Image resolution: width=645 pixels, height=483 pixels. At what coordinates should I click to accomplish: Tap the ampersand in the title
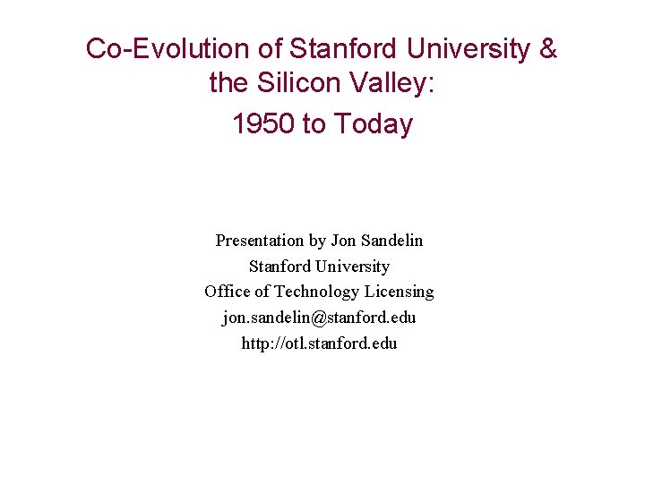click(548, 49)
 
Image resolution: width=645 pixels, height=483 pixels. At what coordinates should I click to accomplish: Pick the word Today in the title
click(374, 123)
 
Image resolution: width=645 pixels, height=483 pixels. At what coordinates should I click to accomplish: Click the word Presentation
click(259, 241)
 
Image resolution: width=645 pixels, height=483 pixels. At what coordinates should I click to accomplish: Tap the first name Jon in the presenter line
click(343, 241)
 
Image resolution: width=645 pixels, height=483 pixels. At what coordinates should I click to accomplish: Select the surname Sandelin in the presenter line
click(391, 241)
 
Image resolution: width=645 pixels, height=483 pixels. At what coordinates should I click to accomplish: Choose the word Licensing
click(400, 292)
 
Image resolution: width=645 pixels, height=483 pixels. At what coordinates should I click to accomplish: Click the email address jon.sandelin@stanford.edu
click(319, 318)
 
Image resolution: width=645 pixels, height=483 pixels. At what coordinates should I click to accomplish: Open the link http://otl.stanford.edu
click(319, 343)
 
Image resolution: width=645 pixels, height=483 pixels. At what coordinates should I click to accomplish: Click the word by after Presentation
click(317, 241)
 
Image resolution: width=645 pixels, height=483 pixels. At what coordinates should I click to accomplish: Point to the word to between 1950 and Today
click(314, 123)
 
